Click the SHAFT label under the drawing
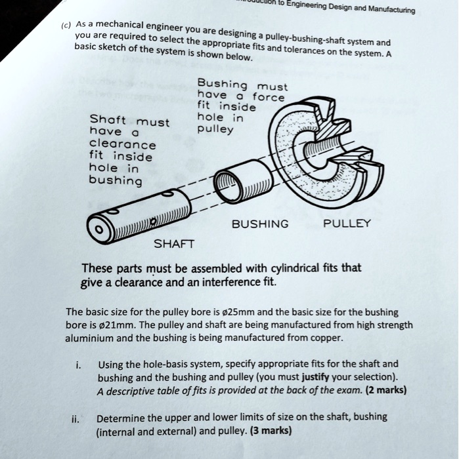(173, 244)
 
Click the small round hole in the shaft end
(98, 231)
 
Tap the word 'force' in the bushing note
(269, 96)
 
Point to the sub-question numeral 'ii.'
(76, 418)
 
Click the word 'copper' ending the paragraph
(326, 338)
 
